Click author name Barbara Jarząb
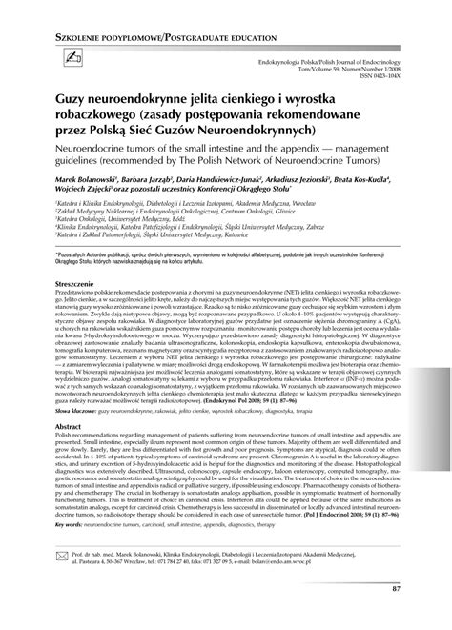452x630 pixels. click(145, 203)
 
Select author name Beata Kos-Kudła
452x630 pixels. click(382, 203)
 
